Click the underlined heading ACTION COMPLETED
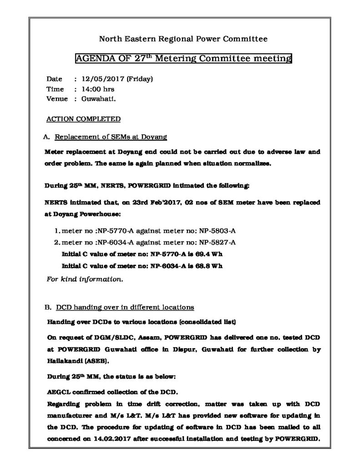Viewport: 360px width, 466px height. coord(84,119)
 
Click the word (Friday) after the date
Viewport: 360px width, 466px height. coord(140,79)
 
